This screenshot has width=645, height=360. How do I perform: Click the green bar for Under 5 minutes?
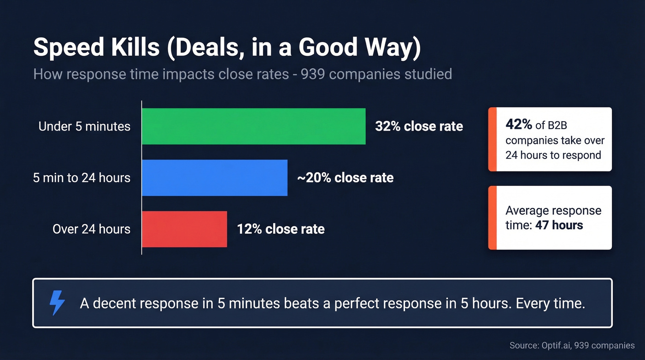(x=253, y=126)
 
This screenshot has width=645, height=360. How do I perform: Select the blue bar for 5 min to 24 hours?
(x=215, y=178)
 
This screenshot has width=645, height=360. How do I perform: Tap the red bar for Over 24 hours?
(x=184, y=229)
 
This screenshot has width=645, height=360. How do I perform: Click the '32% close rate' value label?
(x=419, y=126)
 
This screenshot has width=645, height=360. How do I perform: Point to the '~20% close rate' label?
(x=346, y=178)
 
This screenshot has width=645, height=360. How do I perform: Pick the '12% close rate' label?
(x=281, y=229)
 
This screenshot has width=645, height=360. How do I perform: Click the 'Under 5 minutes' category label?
(x=84, y=126)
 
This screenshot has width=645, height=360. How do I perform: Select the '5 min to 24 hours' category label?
(x=82, y=178)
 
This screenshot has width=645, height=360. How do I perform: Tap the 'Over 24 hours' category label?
(x=91, y=229)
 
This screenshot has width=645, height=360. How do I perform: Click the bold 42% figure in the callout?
(x=519, y=124)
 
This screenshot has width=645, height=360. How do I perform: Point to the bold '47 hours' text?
(x=559, y=225)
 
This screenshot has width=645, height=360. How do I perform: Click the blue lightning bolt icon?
(x=57, y=303)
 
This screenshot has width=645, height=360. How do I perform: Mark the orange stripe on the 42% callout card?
(x=493, y=139)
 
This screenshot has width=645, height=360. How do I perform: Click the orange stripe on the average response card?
(x=493, y=218)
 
